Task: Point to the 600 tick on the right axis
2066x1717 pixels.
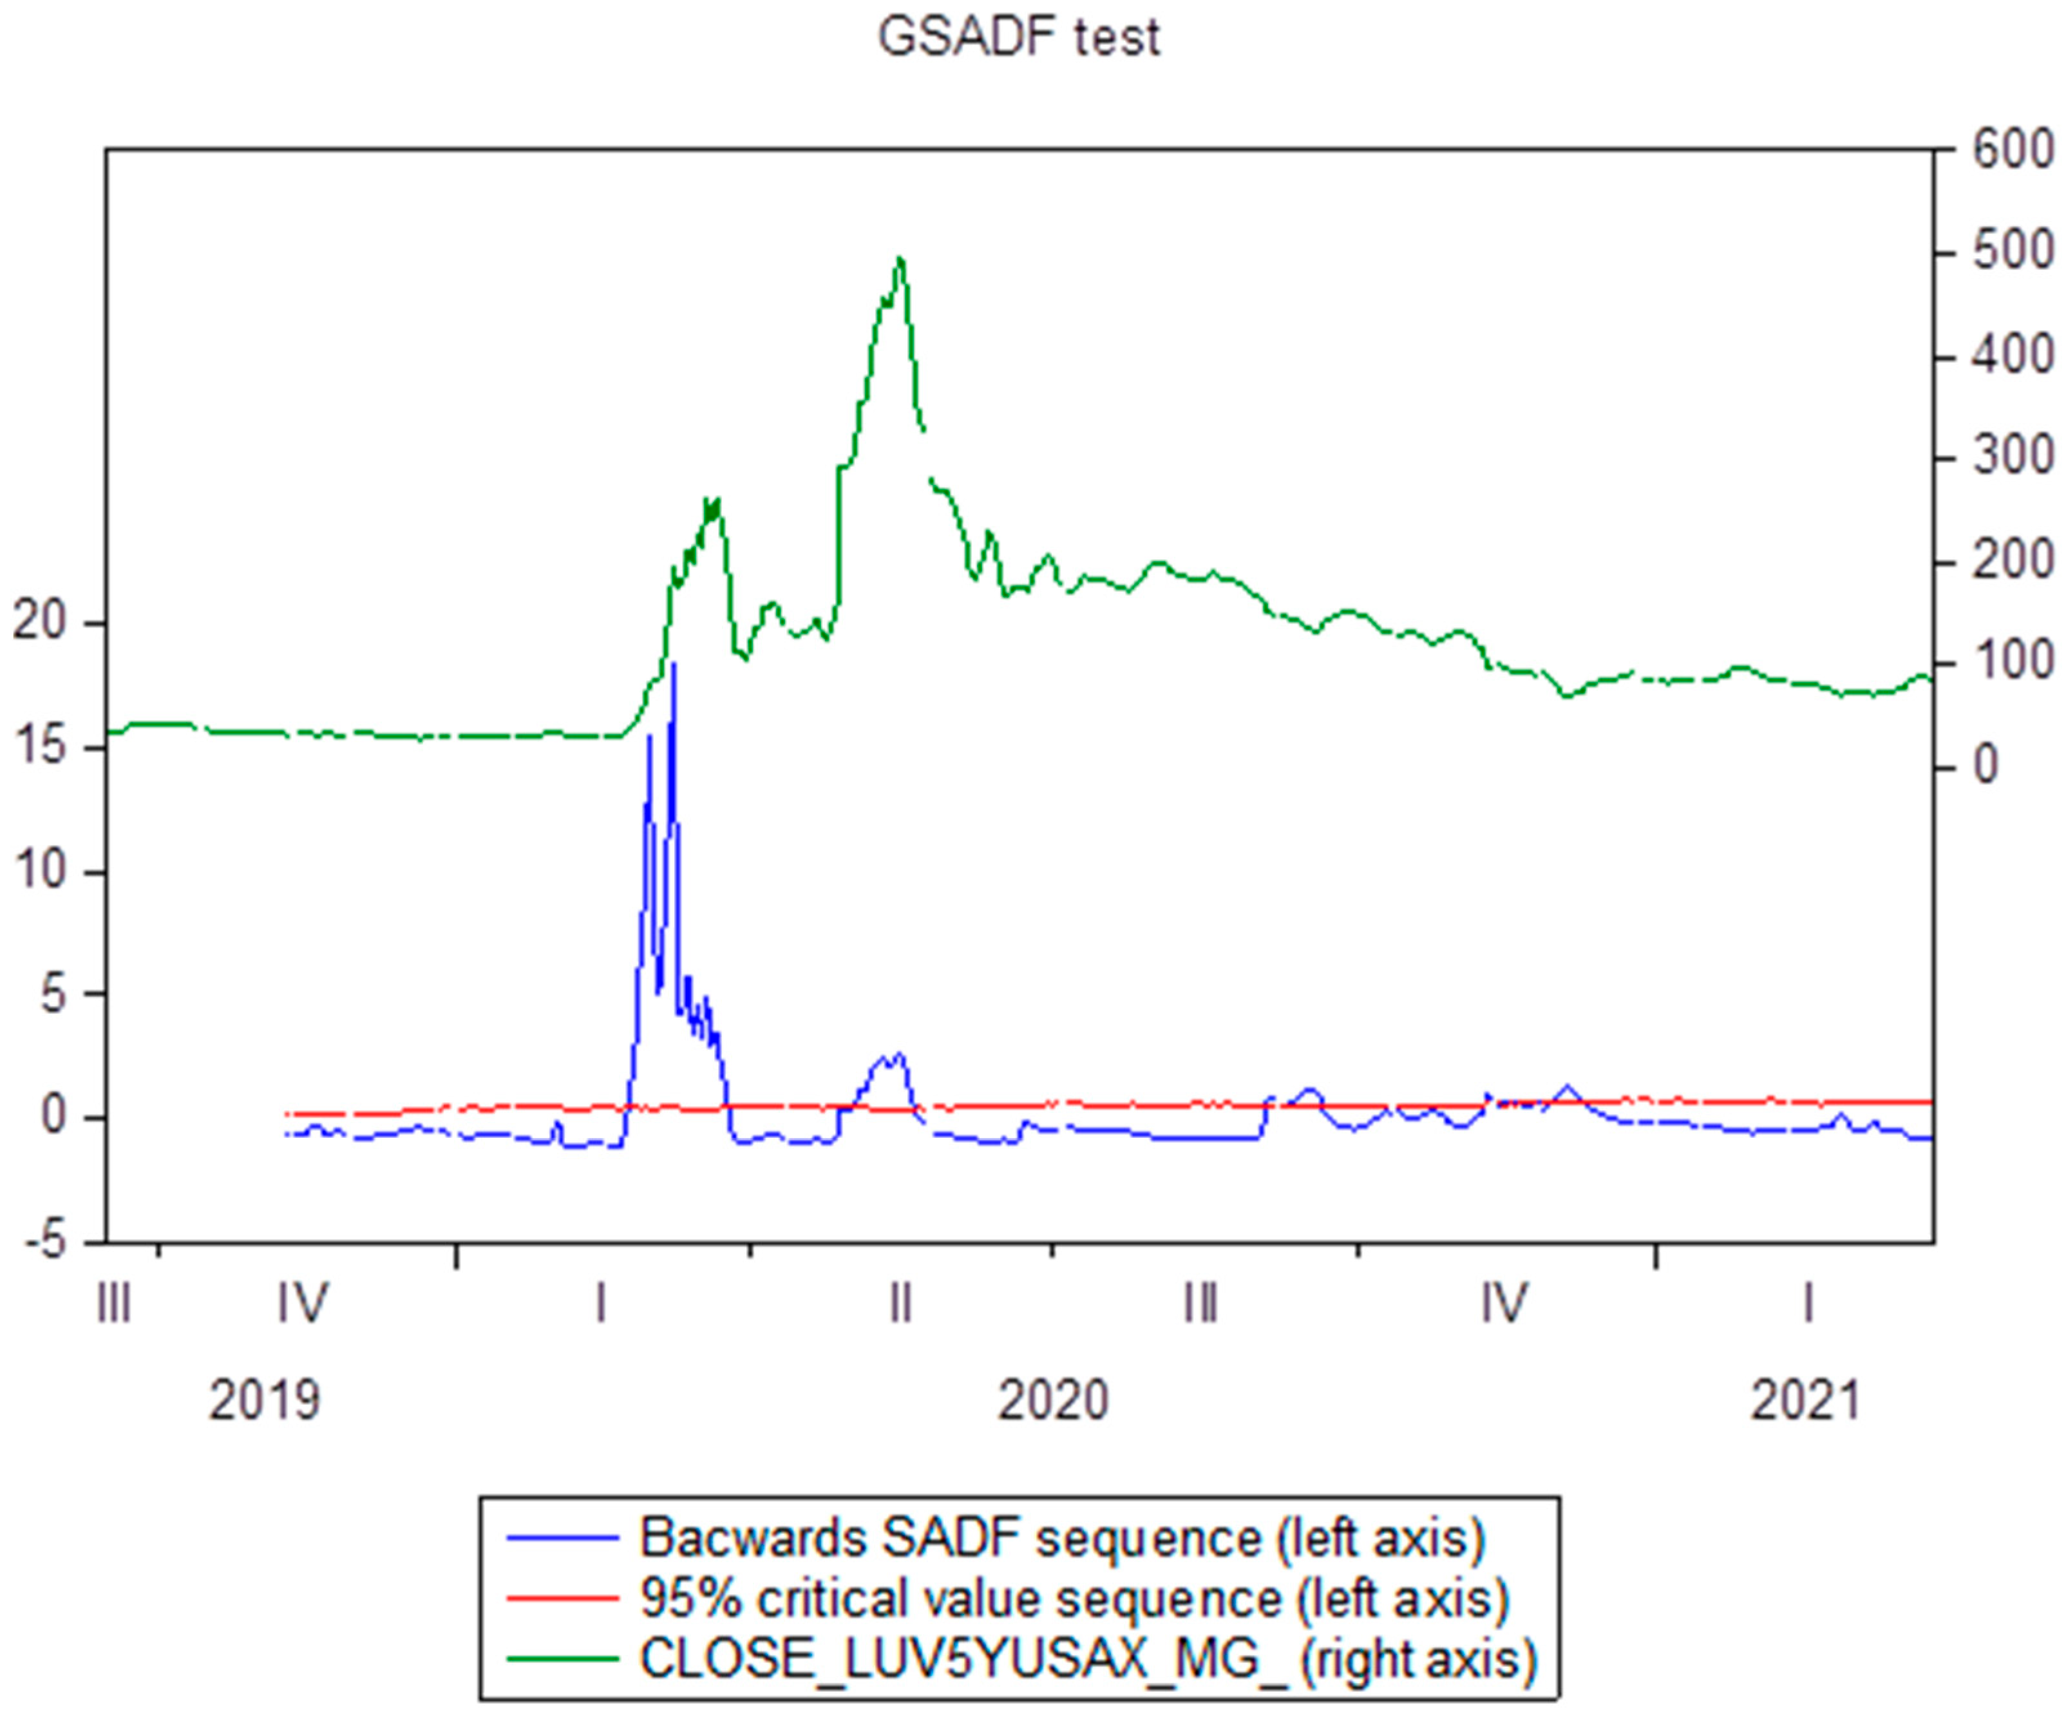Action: (2012, 151)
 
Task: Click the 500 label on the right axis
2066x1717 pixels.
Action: (2012, 253)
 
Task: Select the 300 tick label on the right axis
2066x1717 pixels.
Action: (2012, 457)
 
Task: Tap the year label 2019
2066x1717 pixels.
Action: (263, 1400)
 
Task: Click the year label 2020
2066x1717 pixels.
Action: (1053, 1400)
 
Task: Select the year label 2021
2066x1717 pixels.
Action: (1805, 1400)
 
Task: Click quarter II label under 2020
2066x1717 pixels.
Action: (900, 1305)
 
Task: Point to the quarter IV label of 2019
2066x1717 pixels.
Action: (302, 1305)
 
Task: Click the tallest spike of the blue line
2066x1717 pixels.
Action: (674, 665)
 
